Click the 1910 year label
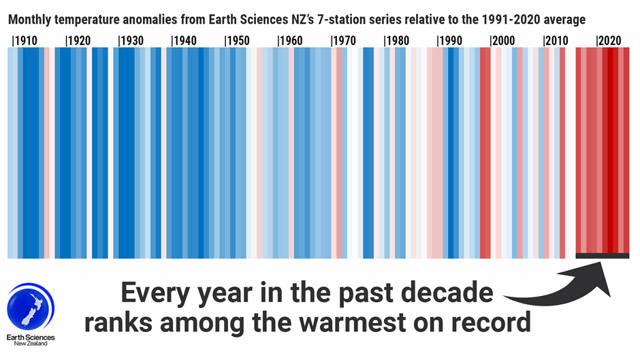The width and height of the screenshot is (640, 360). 25,41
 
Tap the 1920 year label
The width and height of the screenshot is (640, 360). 78,41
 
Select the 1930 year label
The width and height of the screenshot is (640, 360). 131,41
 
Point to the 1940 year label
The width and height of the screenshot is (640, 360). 184,41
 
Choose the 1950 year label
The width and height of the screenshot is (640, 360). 237,41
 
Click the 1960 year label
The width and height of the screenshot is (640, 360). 290,41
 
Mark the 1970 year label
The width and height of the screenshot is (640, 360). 343,41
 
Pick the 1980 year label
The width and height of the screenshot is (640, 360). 396,41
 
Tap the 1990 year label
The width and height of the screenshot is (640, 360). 449,41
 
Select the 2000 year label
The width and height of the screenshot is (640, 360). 502,41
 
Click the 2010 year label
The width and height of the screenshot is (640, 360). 556,41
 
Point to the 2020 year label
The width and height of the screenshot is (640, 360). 609,41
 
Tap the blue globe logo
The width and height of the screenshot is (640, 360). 31,307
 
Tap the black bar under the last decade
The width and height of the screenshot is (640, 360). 603,256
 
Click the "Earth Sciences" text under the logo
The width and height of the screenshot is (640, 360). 31,338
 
